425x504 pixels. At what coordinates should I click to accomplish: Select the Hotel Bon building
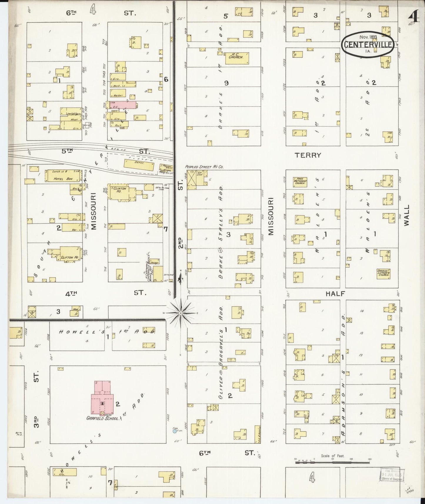tap(63, 176)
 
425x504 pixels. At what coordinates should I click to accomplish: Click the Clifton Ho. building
tap(70, 254)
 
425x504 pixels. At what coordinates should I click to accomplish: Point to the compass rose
tap(181, 313)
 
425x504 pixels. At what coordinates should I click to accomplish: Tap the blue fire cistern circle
tap(175, 431)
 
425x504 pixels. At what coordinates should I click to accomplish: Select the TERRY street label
tap(308, 155)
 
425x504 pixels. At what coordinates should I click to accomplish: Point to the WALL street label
tap(406, 215)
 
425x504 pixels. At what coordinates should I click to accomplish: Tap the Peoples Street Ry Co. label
tap(204, 167)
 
